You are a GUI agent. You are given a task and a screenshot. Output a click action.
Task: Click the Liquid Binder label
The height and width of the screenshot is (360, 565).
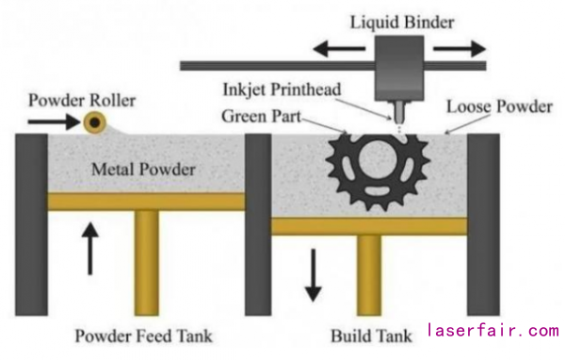pos(402,23)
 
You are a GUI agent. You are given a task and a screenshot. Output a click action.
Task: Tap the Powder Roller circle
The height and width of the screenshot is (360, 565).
pos(95,123)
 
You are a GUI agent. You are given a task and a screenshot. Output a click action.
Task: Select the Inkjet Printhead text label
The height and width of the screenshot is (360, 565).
pos(282,90)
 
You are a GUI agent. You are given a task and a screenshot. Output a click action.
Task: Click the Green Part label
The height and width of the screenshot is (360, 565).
pos(261,116)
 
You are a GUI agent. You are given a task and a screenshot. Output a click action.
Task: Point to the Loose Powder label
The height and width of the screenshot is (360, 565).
pos(499,106)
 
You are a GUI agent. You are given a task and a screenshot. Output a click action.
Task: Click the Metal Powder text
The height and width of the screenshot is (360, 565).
pos(143,170)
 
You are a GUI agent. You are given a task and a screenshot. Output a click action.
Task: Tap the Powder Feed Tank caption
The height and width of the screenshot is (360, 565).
pos(143,335)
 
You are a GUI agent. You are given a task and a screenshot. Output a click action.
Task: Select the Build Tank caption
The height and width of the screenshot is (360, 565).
pos(371,336)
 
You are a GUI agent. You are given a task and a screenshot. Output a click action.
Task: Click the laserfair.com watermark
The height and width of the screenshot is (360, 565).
pos(492,331)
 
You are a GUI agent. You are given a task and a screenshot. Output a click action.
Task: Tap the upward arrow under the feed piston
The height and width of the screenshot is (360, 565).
pos(90,249)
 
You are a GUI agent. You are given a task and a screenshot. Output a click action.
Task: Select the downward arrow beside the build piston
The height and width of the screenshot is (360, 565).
pos(314,275)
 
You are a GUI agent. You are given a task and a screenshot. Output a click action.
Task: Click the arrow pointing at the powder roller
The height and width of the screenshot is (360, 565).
pos(54,122)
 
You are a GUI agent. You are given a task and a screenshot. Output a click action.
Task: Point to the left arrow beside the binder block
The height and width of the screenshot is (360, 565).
pos(339,48)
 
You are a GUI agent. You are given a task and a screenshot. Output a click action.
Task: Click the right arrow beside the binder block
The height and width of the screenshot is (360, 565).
pos(460,49)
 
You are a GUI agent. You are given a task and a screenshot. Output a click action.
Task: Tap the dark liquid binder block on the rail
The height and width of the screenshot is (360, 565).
pos(399,68)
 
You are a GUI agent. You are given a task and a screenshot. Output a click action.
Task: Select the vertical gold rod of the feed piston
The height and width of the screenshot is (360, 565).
pos(147,263)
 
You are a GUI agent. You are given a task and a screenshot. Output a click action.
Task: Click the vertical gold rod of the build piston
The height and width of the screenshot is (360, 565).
pos(369,275)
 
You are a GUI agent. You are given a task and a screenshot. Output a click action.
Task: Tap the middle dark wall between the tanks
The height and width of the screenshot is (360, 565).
pos(258,224)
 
